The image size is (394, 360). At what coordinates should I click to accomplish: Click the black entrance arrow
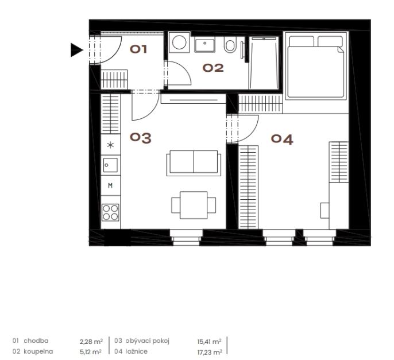coord(76,50)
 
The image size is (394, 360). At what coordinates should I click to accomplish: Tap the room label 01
coord(138,49)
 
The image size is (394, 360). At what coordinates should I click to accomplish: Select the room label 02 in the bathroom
coord(213,68)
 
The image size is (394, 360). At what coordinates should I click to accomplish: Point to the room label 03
coord(141,138)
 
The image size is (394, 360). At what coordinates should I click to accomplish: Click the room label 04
coord(282,140)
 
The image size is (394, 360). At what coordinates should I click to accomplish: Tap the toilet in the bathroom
coord(230,44)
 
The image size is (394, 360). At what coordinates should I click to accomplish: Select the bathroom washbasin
coord(205,44)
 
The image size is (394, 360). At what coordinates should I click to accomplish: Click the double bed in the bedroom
coord(316,67)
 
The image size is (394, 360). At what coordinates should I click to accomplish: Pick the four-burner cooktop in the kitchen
coord(110,212)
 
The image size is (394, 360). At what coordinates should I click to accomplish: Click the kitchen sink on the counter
coord(110,165)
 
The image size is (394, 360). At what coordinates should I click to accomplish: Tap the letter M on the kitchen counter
coord(110,185)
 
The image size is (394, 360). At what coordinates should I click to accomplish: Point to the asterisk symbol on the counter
coord(110,145)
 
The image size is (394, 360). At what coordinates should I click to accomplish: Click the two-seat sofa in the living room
coord(194,163)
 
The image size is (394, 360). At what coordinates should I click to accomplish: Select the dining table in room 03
coord(194,205)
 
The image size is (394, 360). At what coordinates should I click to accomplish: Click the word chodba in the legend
coord(36,340)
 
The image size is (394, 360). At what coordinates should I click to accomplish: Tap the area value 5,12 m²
coord(91,352)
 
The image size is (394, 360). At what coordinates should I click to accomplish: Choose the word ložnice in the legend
coord(137,351)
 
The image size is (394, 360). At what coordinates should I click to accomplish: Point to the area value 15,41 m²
coord(209,342)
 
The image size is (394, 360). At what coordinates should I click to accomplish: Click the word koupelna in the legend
coord(38,351)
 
